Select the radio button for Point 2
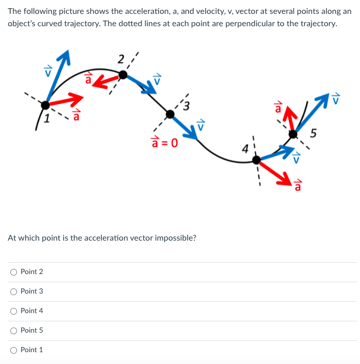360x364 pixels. [13, 271]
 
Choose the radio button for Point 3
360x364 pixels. [13, 291]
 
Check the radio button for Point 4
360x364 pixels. [13, 311]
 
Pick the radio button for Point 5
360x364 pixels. [13, 330]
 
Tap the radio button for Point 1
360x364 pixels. [13, 350]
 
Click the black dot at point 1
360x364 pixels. [46, 105]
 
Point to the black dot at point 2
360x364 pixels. [123, 75]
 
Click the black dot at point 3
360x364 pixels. [170, 113]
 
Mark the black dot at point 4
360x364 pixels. [256, 160]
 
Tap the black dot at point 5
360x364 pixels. [293, 134]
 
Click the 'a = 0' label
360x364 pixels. [164, 141]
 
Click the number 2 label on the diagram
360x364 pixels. [120, 59]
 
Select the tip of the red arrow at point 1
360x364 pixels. [83, 96]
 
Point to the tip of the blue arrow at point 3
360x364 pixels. [197, 138]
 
